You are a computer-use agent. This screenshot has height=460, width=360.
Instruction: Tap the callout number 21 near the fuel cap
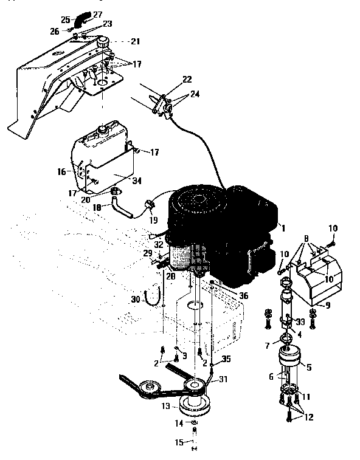134,42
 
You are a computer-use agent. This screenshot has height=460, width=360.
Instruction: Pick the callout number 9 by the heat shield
328,305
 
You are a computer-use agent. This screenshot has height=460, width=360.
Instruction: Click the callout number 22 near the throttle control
186,80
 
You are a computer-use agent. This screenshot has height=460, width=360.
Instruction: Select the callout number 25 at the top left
65,20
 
